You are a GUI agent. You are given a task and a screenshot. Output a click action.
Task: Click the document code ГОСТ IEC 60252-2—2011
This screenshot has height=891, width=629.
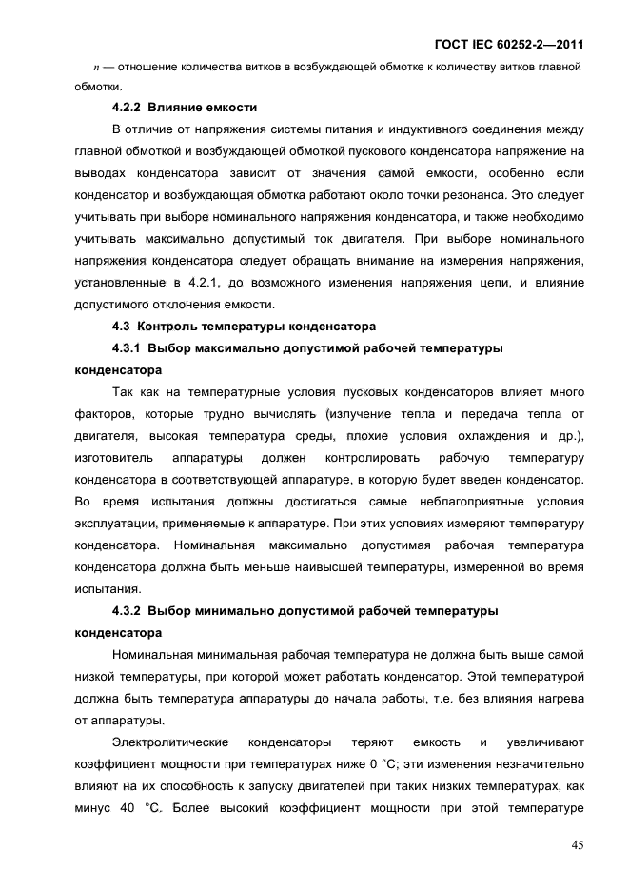510,44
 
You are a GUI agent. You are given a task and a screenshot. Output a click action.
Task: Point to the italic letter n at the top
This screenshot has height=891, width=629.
97,67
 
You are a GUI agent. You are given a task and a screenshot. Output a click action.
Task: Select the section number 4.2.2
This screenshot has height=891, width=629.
128,107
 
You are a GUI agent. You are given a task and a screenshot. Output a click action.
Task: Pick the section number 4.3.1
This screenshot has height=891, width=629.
128,348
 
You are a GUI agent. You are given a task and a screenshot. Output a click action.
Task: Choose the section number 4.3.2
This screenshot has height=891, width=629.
128,610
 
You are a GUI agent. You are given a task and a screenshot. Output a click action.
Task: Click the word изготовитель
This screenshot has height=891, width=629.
111,457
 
